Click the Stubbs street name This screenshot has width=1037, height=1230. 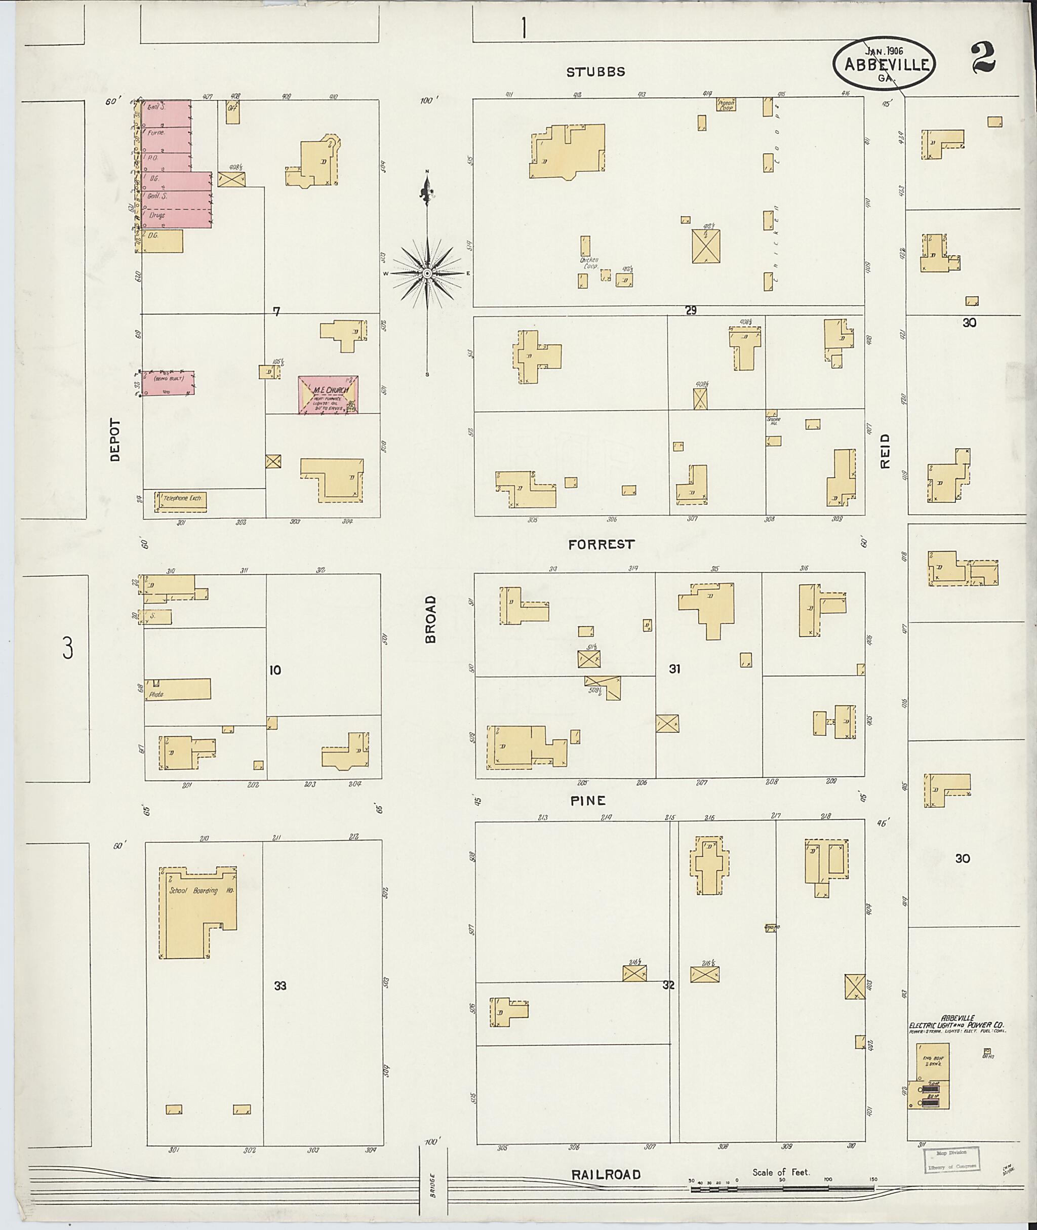(595, 72)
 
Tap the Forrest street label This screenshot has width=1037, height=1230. (602, 544)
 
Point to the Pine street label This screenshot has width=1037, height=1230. (587, 800)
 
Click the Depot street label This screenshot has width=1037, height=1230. (114, 440)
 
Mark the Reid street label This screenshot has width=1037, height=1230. (885, 451)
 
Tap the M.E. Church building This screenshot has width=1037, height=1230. (329, 395)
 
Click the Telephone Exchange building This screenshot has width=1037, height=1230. (181, 499)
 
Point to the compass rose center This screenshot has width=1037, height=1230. (427, 274)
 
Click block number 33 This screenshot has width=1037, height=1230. (281, 985)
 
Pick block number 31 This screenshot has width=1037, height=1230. (674, 668)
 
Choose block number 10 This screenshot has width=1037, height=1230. (274, 669)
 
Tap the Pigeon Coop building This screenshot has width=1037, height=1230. (726, 105)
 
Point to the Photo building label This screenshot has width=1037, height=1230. (156, 694)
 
